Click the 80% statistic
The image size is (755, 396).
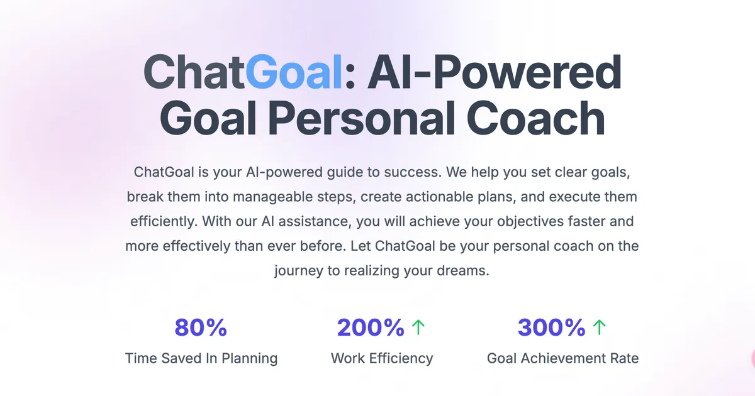(200, 327)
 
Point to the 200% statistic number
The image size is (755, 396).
(371, 327)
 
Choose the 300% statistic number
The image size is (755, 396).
(551, 327)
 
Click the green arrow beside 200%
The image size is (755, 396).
(418, 327)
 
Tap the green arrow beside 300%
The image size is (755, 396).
(599, 327)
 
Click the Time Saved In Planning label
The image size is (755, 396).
(201, 359)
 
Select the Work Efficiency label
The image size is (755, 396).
(382, 359)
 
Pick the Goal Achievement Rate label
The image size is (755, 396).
(562, 359)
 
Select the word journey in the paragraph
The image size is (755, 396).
(296, 272)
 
